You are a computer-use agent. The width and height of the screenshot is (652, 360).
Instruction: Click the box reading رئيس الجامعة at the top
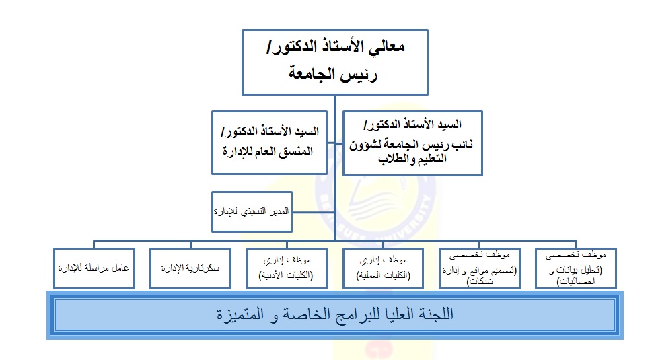tap(334, 62)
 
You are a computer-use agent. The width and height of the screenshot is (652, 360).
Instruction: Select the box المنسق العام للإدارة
tap(269, 142)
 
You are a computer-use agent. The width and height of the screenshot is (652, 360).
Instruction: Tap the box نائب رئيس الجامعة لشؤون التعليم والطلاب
tap(412, 143)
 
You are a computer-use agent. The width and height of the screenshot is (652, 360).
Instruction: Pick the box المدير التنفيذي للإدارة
tap(252, 211)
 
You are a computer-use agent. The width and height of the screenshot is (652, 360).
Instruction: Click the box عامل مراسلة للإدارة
tap(94, 268)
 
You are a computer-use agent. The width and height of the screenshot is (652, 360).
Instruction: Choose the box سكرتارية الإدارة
tap(190, 268)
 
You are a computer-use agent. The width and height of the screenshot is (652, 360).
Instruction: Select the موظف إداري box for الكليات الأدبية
tap(287, 268)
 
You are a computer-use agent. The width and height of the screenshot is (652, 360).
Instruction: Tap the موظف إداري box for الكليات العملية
tap(383, 268)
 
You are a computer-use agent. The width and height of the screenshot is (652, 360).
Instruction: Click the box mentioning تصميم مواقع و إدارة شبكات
tap(480, 268)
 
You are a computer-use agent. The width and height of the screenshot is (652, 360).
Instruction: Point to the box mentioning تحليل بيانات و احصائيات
tap(576, 268)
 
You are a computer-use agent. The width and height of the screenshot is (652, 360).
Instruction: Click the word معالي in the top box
tap(388, 46)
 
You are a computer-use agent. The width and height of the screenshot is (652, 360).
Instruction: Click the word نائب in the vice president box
tap(462, 145)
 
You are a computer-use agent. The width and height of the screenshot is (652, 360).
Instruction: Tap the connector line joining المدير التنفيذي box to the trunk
tap(313, 212)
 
